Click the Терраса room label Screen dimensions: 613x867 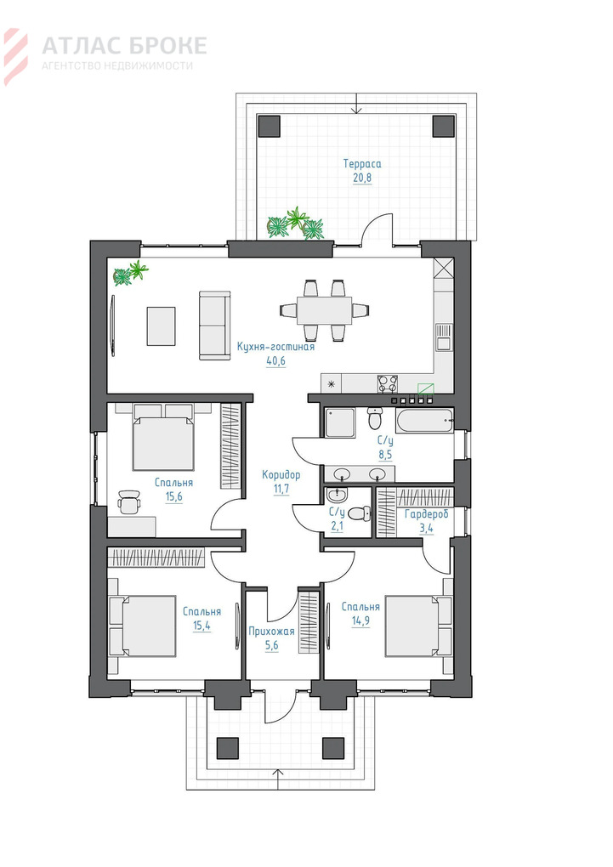coord(362,164)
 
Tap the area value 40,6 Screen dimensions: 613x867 coord(275,361)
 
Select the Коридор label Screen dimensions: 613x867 coord(281,475)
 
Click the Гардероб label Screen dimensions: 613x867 coord(427,514)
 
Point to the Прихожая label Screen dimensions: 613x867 coord(271,631)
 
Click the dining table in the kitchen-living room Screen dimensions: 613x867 coord(324,310)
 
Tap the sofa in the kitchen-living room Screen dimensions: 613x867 coord(214,325)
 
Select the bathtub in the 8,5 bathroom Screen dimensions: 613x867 coord(424,422)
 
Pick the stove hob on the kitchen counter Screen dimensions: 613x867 coord(388,383)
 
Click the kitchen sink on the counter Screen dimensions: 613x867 coord(444,337)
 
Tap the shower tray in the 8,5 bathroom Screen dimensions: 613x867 coord(340,423)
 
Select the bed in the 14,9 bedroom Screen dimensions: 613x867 coord(419,626)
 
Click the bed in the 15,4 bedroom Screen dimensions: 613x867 coord(142,626)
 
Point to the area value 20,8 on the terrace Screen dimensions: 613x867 coord(362,178)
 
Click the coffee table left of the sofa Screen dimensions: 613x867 coord(161,326)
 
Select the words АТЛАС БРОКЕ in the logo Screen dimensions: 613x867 coord(124,45)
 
